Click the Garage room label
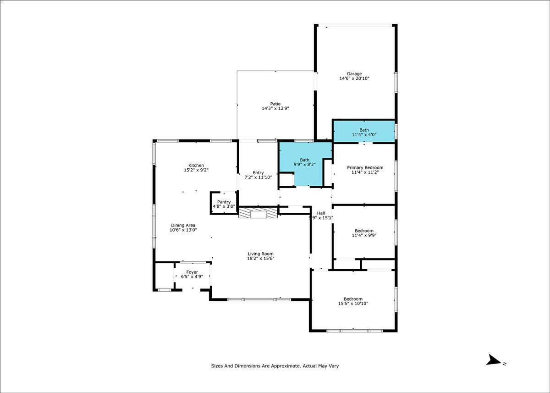[x=354, y=74]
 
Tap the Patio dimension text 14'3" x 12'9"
[x=275, y=108]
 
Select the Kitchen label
[x=196, y=165]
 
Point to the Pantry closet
[x=224, y=203]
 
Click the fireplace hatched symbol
[x=258, y=213]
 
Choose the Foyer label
[x=192, y=272]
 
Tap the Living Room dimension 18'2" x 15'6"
[x=260, y=258]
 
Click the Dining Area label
[x=183, y=225]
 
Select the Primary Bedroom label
[x=365, y=167]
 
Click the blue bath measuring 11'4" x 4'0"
[x=364, y=131]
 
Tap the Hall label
[x=321, y=213]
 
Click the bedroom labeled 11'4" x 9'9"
[x=364, y=232]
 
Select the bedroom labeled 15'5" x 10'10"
[x=353, y=300]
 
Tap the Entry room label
[x=258, y=173]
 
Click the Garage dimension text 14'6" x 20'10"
[x=354, y=78]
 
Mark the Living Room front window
[x=259, y=299]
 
